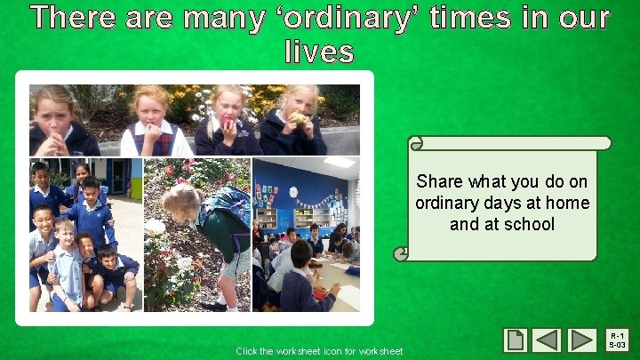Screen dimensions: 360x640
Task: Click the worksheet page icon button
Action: click(516, 340)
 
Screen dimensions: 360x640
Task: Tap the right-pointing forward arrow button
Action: click(582, 340)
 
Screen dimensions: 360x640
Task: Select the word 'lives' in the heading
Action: click(319, 52)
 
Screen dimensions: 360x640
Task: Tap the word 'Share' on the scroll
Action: click(440, 181)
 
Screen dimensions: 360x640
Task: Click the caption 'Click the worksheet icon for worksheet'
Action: click(319, 351)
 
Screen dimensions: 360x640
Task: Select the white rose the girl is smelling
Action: click(156, 227)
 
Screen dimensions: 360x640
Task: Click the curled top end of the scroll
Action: click(415, 143)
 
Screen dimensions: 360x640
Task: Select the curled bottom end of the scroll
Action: click(403, 253)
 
